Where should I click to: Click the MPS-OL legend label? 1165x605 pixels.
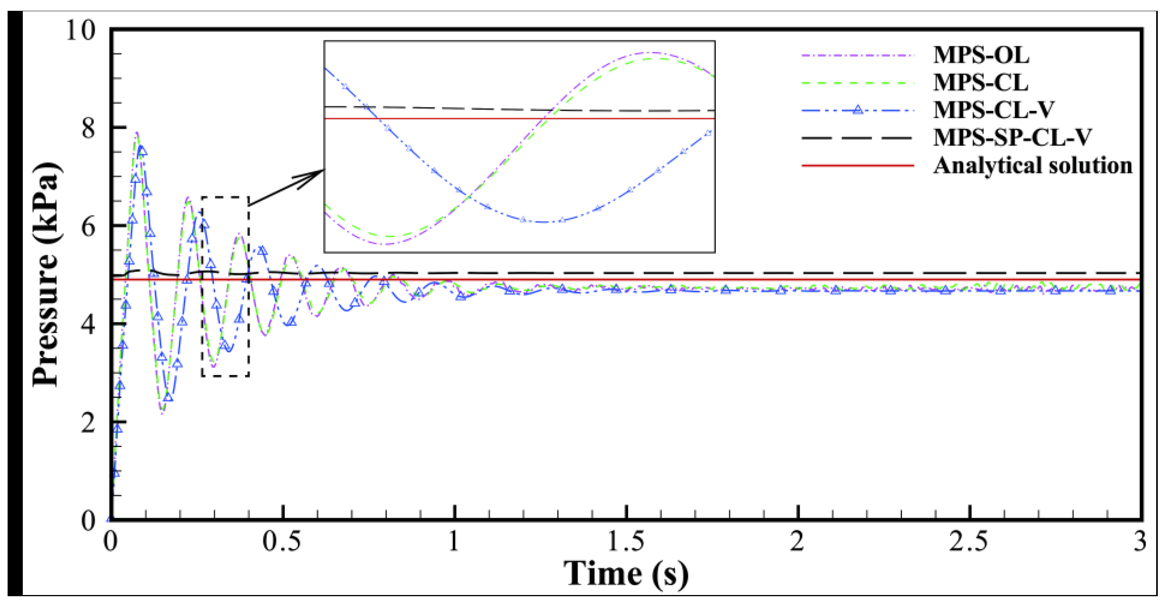point(981,55)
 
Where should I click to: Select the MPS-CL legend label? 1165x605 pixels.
point(981,83)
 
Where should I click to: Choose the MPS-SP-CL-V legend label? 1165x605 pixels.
point(1013,138)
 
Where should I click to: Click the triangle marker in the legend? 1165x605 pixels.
point(857,110)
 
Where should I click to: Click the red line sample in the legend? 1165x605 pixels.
point(857,166)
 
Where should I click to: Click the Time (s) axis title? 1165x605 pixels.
point(625,573)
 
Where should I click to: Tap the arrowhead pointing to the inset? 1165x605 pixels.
point(319,172)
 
